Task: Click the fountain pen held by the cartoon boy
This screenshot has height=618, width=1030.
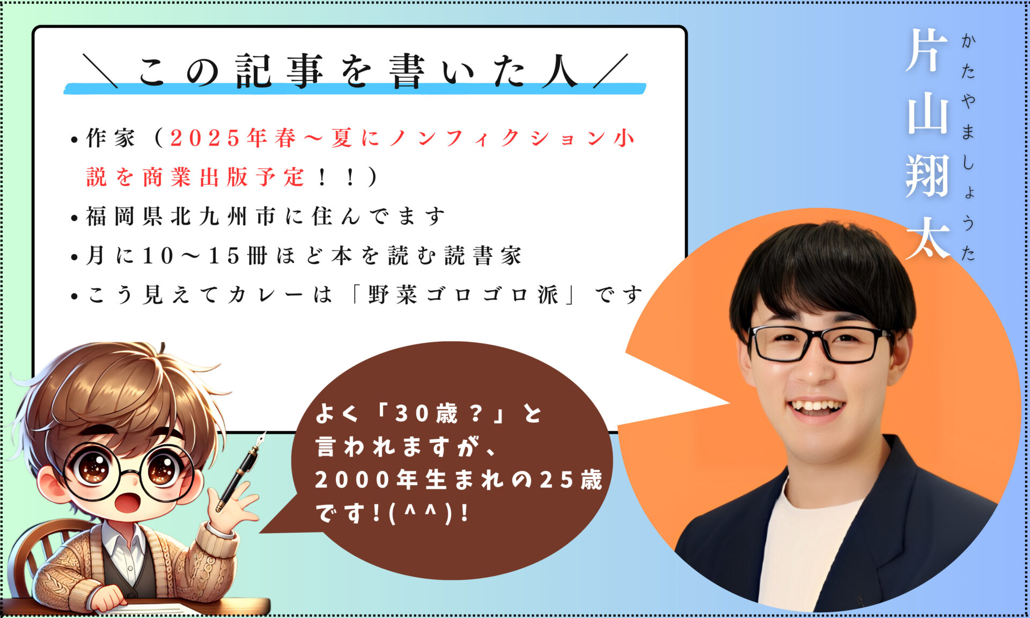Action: (x=241, y=471)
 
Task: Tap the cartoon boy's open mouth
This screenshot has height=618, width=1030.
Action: (x=129, y=503)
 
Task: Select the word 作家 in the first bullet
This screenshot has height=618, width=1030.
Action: (x=111, y=138)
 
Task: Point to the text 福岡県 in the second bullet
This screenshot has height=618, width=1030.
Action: (x=124, y=217)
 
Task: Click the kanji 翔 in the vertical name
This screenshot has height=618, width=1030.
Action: (x=928, y=175)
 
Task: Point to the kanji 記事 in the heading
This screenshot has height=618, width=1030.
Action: (x=279, y=71)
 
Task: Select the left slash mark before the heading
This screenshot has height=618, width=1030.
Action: (x=100, y=70)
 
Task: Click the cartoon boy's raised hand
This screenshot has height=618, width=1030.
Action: (x=236, y=507)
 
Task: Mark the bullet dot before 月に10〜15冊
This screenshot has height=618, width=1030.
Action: (x=75, y=257)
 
